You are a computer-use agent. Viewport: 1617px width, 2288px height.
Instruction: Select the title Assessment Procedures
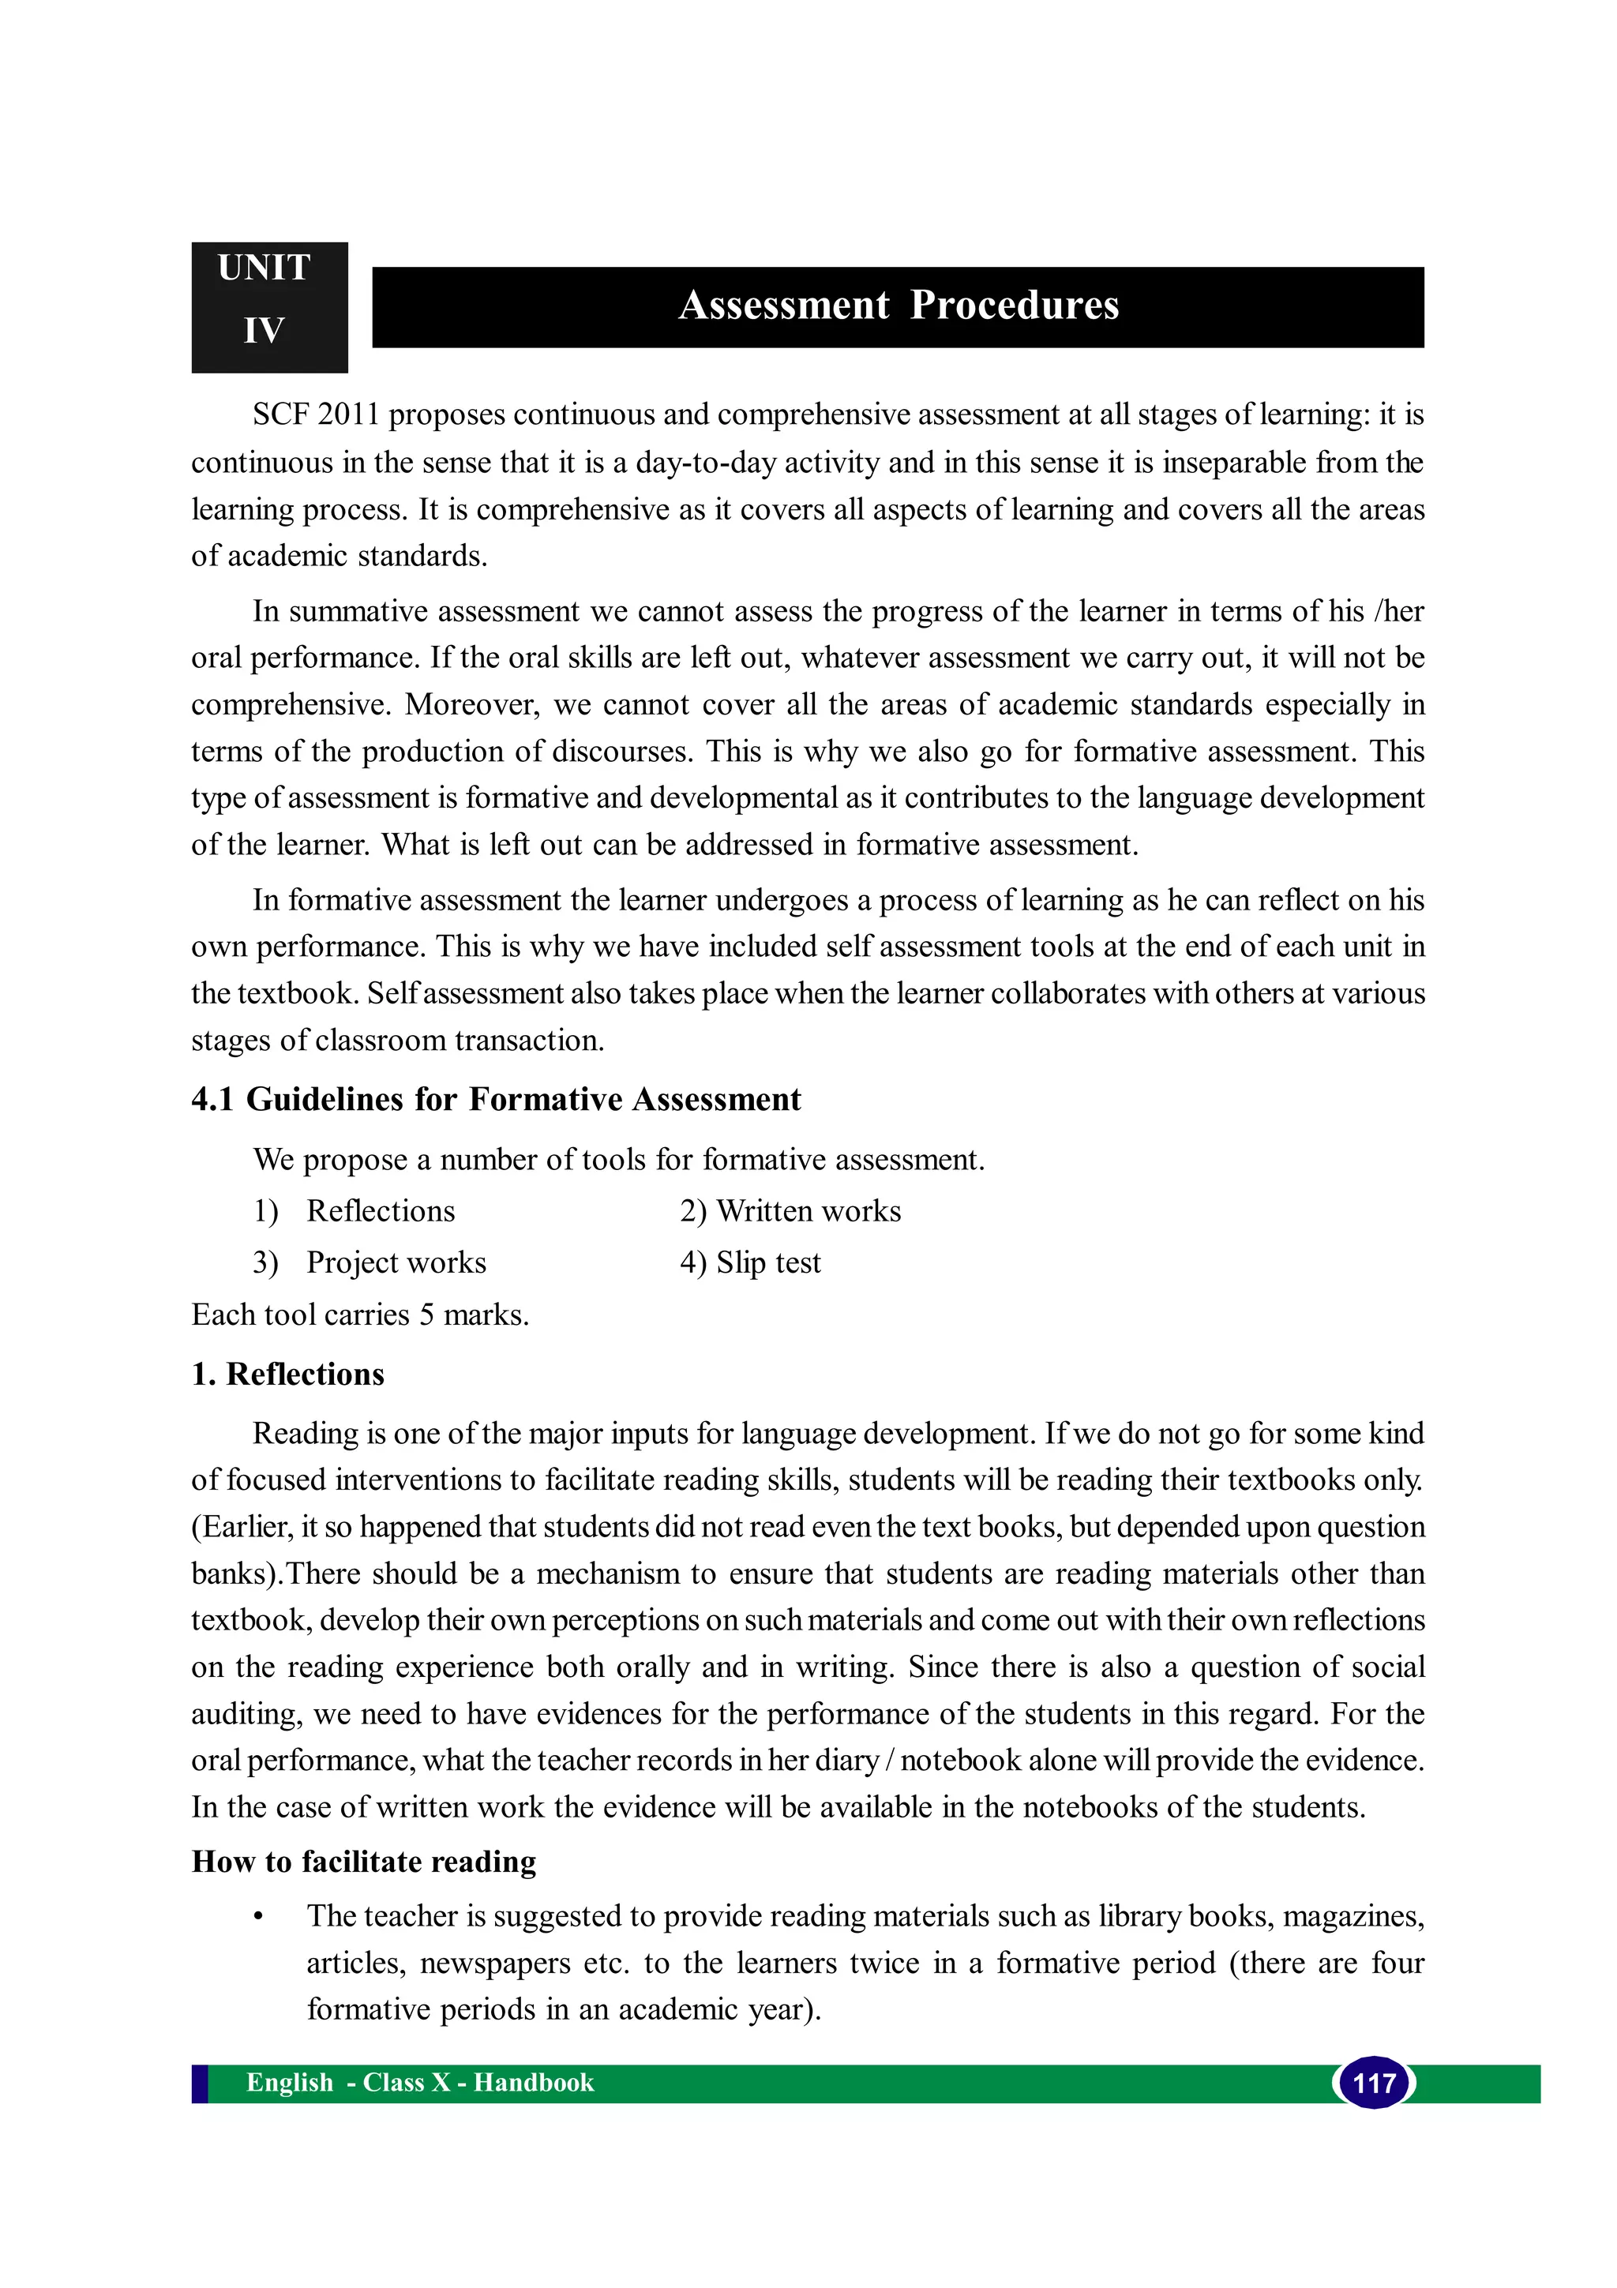click(x=898, y=305)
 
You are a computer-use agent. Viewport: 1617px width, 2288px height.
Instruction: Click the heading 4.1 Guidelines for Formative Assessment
click(x=495, y=1098)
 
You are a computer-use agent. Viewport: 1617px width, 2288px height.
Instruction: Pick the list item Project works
click(x=396, y=1262)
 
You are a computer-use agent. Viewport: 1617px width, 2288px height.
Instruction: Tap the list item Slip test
click(x=768, y=1262)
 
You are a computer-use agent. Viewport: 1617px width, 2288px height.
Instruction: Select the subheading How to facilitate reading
click(x=364, y=1861)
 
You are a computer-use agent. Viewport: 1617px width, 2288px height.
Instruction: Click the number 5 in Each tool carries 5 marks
click(x=426, y=1315)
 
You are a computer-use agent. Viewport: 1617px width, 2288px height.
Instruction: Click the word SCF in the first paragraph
click(x=281, y=414)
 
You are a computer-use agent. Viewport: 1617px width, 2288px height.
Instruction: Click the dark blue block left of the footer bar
click(x=199, y=2083)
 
